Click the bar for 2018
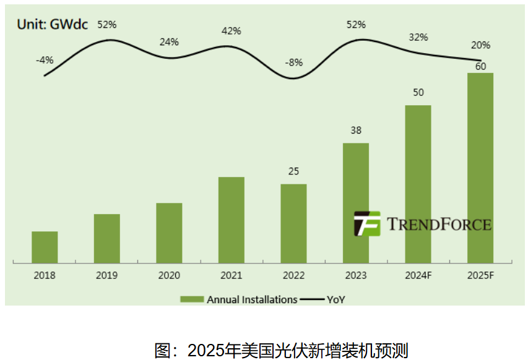45,247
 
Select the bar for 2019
106,239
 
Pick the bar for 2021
231,220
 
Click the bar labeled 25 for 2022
293,223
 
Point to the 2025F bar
480,168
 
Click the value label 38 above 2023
355,131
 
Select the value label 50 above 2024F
418,93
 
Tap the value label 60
480,66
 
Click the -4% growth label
45,60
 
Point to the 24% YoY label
169,42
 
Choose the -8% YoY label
293,62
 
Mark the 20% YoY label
480,45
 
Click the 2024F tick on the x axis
418,275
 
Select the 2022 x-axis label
293,275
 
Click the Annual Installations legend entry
239,299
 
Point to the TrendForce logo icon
366,224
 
